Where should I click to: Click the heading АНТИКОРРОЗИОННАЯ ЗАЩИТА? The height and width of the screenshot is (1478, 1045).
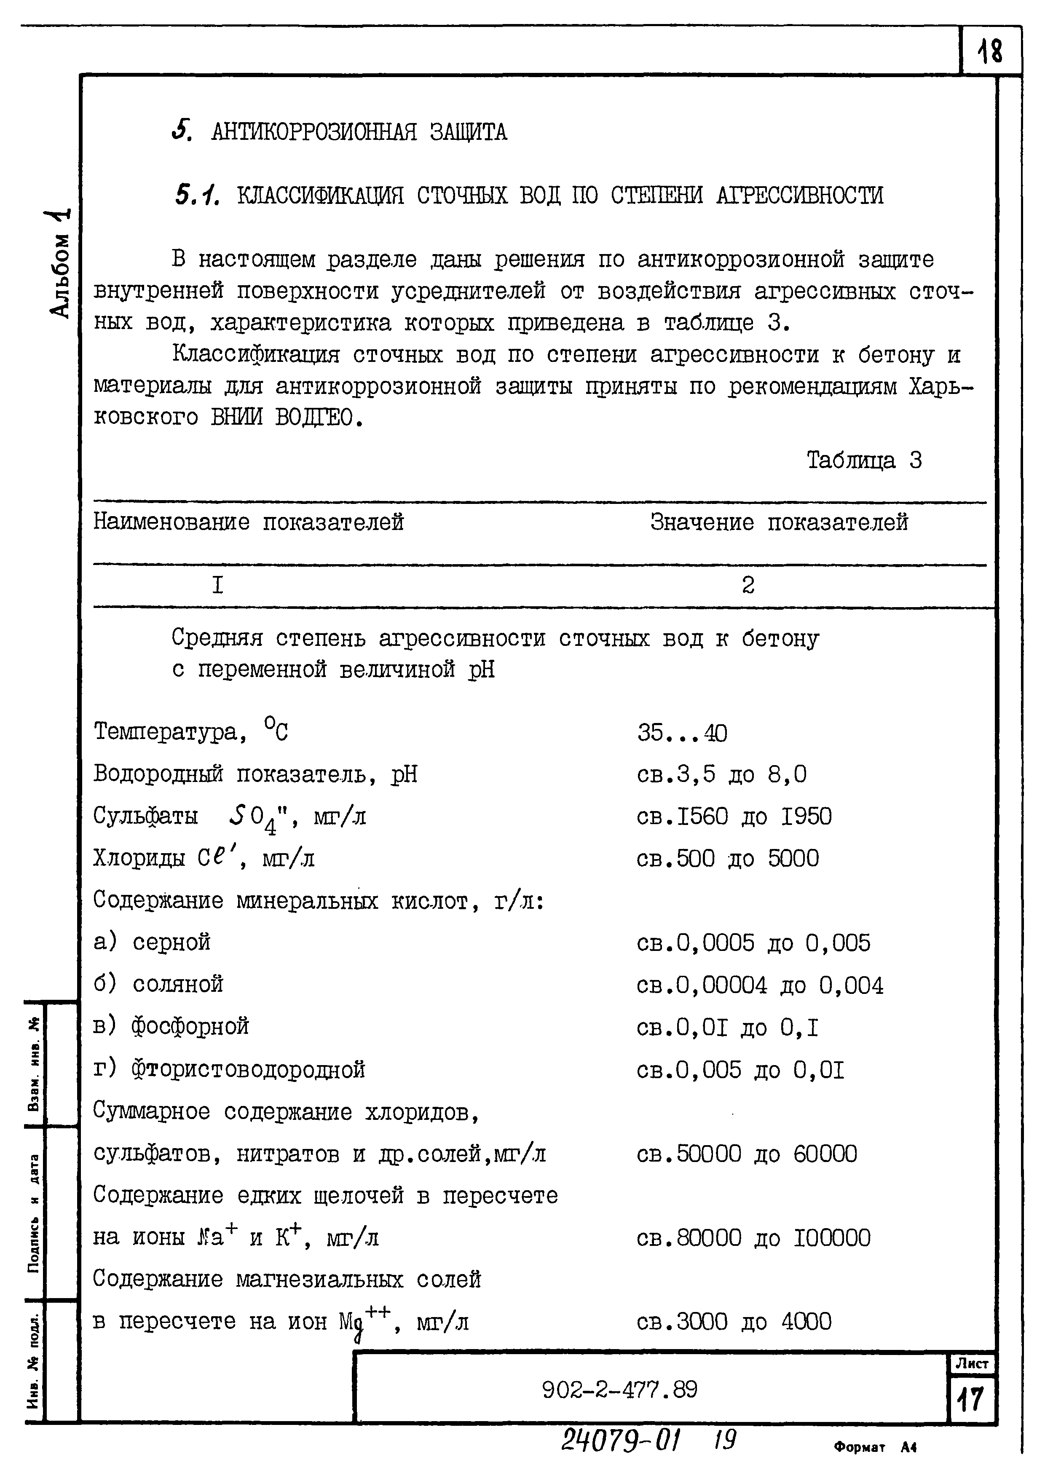coord(359,132)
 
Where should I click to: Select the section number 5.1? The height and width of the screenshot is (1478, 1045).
coord(197,194)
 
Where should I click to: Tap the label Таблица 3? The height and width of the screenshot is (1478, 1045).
coord(864,460)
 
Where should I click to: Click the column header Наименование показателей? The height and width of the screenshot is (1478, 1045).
coord(249,522)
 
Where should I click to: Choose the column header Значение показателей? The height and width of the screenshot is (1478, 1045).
coord(779,522)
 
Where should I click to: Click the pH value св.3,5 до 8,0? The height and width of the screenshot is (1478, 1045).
coord(721,774)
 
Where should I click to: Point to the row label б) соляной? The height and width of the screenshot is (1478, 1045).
coord(158,984)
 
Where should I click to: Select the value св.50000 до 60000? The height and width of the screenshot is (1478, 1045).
coord(747,1154)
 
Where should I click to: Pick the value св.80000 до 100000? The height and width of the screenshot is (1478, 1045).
coord(753,1238)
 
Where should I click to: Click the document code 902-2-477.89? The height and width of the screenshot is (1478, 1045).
coord(619,1390)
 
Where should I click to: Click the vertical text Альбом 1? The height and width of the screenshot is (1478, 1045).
coord(61,264)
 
